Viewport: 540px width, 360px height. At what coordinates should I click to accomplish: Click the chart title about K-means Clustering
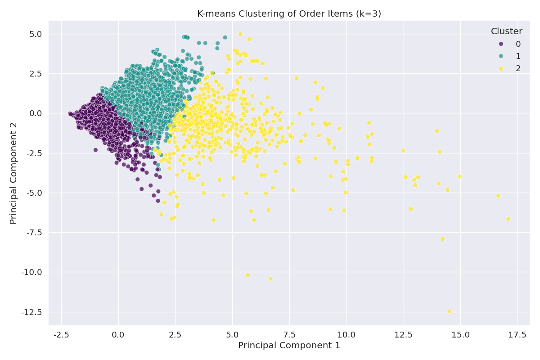tap(289, 14)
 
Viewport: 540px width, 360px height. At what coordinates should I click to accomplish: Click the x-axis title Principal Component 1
tap(289, 346)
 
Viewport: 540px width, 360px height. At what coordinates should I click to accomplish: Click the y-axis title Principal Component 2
tap(13, 173)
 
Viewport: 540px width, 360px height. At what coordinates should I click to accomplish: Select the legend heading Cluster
tap(506, 31)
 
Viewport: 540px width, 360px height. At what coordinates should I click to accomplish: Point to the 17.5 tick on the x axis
tap(517, 335)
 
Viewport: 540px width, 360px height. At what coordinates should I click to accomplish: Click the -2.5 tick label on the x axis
tap(61, 335)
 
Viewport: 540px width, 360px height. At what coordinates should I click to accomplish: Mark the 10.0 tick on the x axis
tap(346, 335)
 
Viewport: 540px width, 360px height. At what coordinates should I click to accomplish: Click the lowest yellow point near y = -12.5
tap(449, 311)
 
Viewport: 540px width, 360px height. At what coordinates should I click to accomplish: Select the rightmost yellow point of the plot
tap(508, 219)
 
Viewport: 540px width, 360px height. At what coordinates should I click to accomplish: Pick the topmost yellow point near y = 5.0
tap(240, 34)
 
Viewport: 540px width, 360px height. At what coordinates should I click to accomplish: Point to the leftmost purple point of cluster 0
tap(70, 114)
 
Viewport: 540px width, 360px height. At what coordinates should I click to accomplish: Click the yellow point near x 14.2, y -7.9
tap(442, 239)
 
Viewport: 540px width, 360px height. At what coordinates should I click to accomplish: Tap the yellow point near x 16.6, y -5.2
tap(498, 196)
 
